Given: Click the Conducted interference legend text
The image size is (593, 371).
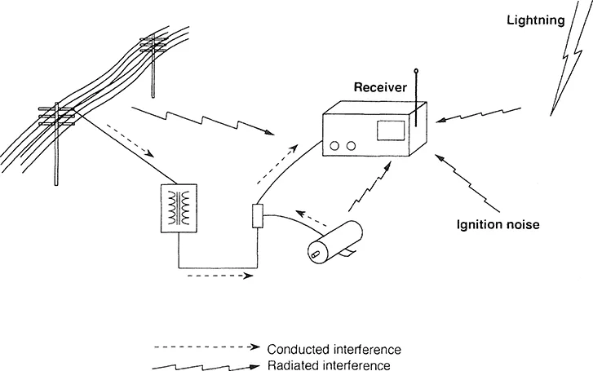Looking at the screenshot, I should click(334, 349).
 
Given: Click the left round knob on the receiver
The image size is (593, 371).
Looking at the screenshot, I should click(334, 146).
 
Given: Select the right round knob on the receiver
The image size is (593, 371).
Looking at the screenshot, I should click(351, 146).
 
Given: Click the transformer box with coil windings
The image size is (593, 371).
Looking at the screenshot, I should click(179, 210).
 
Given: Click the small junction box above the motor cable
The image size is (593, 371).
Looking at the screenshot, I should click(256, 216).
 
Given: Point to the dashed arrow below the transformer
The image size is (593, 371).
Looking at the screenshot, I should click(215, 276).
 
